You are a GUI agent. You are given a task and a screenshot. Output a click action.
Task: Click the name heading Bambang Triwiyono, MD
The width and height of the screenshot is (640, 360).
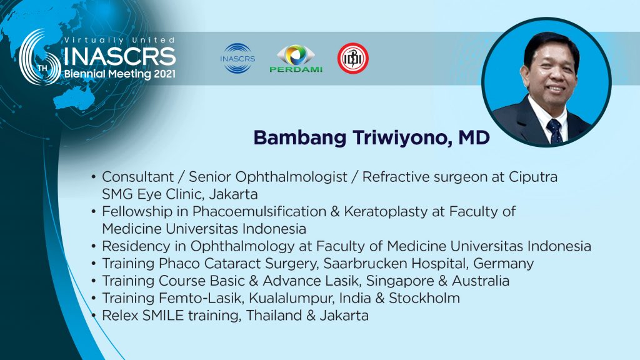pos(371,138)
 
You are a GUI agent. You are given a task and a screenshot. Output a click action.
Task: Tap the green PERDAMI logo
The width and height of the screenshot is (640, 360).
pos(296,59)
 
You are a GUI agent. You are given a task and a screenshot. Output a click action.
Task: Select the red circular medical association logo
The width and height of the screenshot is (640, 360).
pos(353,58)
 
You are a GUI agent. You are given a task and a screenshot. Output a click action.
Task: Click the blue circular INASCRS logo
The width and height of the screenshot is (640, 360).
pos(237,58)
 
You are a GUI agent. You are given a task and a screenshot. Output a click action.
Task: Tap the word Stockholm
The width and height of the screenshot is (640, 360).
pos(424,298)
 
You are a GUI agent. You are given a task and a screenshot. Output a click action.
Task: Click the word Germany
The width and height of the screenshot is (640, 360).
pos(503,264)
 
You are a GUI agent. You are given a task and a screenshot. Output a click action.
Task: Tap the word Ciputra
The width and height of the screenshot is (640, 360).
pos(533,177)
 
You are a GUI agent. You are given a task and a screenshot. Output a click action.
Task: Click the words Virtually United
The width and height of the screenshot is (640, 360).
pos(119,40)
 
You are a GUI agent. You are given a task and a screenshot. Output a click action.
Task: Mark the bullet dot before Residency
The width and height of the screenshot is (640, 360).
pos(94,246)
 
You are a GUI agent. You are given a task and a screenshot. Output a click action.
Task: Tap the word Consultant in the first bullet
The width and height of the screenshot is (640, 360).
pos(137,177)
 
